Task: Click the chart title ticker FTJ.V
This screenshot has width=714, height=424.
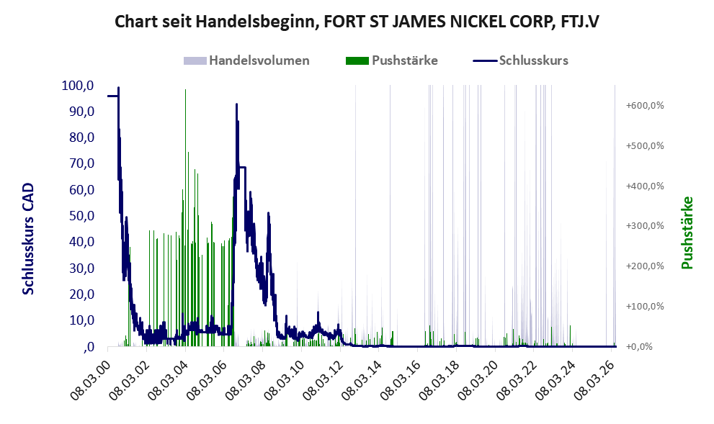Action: [x=580, y=21]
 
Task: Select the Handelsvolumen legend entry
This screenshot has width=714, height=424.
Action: [x=246, y=60]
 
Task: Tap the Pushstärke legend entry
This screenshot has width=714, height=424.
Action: [x=392, y=60]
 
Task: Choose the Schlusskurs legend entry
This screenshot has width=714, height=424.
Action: [x=520, y=60]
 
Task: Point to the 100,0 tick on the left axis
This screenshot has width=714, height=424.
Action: [x=78, y=86]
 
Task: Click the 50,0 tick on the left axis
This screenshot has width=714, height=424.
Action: [x=81, y=216]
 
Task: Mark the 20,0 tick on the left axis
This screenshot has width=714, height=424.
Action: [x=81, y=294]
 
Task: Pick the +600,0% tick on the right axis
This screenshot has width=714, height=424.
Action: [x=645, y=106]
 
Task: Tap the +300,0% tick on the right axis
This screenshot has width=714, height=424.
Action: [x=645, y=226]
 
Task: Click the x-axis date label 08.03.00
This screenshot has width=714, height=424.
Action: [x=91, y=380]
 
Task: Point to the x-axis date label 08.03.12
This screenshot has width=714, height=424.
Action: [x=323, y=380]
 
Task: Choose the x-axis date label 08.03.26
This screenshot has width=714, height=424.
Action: [x=594, y=380]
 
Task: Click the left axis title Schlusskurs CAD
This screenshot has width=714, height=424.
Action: [x=28, y=239]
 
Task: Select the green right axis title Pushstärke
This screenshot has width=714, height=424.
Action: [x=687, y=233]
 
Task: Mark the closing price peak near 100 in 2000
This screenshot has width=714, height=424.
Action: [x=118, y=88]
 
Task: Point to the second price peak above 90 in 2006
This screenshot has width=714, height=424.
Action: [x=237, y=104]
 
